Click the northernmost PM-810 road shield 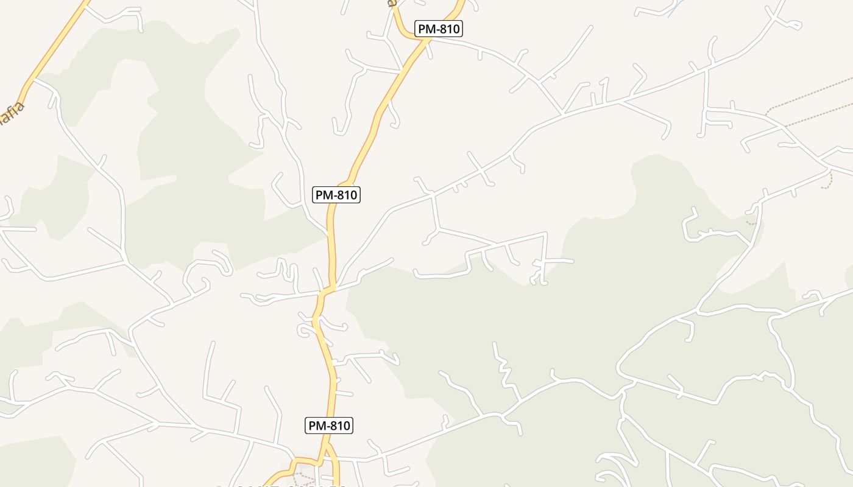(439, 29)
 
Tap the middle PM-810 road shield (336, 195)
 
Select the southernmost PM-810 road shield (329, 426)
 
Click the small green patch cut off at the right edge (849, 277)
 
